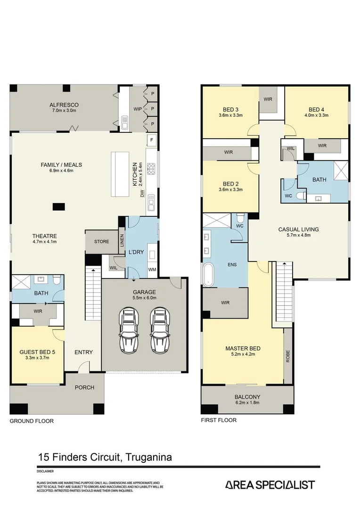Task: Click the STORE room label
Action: [x=101, y=242]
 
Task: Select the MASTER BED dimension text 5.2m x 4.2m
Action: [x=243, y=355]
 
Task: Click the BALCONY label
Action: [x=248, y=397]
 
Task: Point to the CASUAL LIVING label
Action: [x=298, y=230]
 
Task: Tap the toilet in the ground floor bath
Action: [x=56, y=281]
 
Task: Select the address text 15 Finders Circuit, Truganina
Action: [x=105, y=457]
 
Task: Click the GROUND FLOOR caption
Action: [x=32, y=421]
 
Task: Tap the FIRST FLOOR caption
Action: [x=219, y=420]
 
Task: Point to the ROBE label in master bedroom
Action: [x=288, y=355]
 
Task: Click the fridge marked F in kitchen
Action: [x=152, y=140]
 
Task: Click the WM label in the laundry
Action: [x=152, y=269]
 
